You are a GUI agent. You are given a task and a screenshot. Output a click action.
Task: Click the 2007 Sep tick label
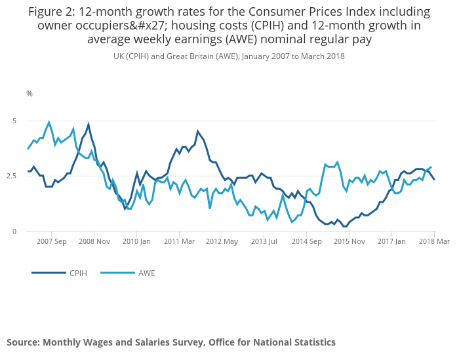click(52, 241)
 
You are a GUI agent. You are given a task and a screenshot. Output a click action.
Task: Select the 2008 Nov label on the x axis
click(95, 241)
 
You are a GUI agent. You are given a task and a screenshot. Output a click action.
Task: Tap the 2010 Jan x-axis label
click(137, 241)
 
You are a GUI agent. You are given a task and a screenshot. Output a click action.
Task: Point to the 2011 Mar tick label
click(180, 241)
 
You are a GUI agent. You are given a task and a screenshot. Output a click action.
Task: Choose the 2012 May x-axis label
click(223, 241)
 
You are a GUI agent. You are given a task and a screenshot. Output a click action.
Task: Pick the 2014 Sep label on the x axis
click(308, 241)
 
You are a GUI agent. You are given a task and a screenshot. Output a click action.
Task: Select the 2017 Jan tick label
click(393, 241)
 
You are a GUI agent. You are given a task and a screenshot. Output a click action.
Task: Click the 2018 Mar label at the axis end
click(435, 241)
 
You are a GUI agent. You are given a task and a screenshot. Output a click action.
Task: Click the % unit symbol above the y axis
click(30, 94)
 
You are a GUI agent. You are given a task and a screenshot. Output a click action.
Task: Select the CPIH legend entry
click(77, 273)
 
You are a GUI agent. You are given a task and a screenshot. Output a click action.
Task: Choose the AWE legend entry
click(146, 273)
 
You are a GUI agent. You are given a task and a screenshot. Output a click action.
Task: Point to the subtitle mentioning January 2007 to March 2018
click(229, 56)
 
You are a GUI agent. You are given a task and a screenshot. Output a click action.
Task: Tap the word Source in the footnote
click(23, 342)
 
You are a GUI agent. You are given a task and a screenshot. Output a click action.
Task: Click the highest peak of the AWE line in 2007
click(49, 122)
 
